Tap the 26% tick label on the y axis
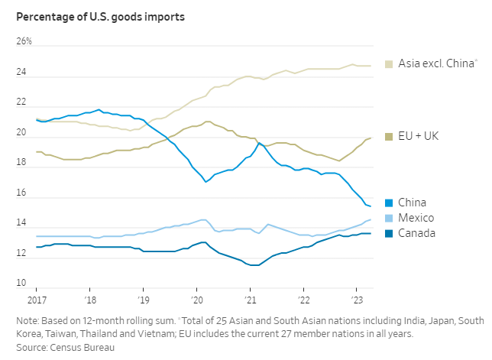[x=26, y=41]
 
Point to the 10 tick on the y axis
[x=21, y=284]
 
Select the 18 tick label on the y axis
[x=21, y=164]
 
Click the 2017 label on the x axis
[x=36, y=300]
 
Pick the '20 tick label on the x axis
[x=196, y=300]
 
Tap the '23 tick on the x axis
[x=357, y=300]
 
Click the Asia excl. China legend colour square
[x=390, y=64]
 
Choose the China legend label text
[x=413, y=203]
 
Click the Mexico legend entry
[x=416, y=218]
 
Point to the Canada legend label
[x=417, y=232]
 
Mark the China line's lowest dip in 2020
[x=206, y=182]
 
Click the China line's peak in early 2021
[x=259, y=142]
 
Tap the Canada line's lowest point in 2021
[x=255, y=265]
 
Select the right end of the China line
[x=371, y=206]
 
